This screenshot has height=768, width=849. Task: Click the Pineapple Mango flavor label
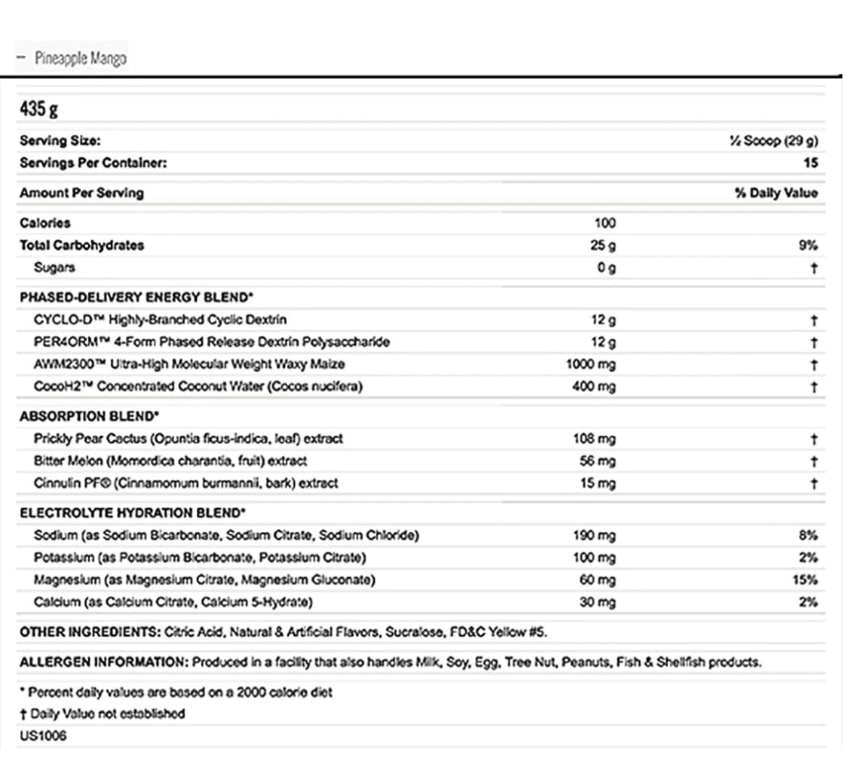point(80,58)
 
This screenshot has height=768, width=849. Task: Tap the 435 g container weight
point(38,109)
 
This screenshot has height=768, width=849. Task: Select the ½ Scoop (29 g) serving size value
point(773,141)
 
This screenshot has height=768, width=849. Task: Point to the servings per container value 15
point(811,163)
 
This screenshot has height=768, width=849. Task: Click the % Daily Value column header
point(776,193)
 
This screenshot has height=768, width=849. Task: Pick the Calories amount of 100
point(604,223)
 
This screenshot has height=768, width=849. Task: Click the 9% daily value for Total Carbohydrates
point(808,245)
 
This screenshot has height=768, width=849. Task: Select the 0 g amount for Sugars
point(606,268)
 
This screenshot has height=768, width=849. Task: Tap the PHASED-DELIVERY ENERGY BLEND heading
point(137,297)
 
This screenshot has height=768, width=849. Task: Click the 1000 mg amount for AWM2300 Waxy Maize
point(590,364)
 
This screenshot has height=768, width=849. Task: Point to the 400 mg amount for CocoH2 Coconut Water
point(594,387)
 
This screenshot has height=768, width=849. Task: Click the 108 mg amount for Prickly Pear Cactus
point(594,439)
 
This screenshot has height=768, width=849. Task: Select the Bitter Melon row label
point(170,461)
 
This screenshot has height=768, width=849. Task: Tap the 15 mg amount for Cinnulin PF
point(598,483)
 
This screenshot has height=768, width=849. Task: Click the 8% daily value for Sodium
point(808,536)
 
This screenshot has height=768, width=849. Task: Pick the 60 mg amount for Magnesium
point(598,580)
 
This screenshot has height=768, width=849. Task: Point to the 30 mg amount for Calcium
point(598,602)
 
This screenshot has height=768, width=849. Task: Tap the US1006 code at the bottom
point(43,736)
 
